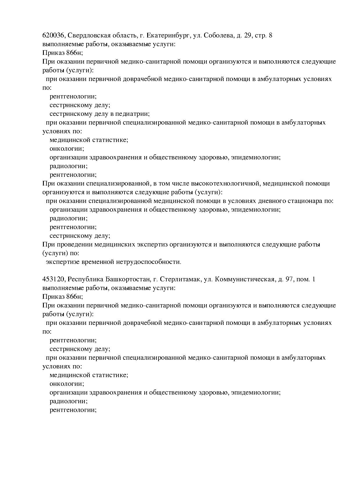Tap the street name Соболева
pyautogui.click(x=218, y=35)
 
